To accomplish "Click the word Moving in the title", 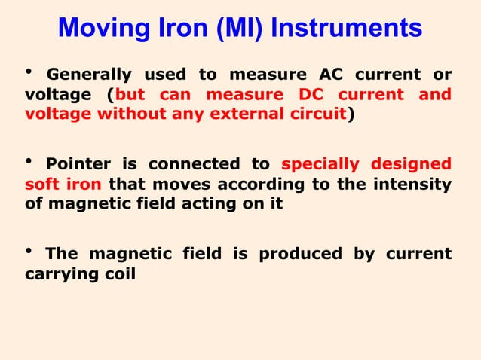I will pos(98,29).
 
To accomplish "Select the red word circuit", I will pos(317,115).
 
